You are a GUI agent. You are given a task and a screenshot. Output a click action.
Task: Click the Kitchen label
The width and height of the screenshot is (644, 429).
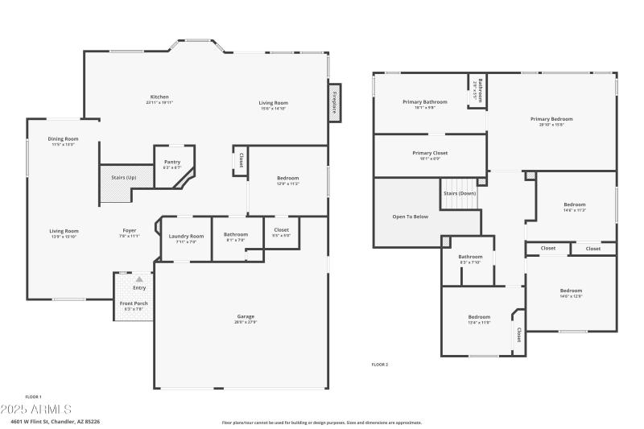point(159,97)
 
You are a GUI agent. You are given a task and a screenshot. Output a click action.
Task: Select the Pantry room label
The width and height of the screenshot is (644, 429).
point(171,162)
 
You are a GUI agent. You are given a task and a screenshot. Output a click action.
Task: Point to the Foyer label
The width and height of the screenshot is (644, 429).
point(130,230)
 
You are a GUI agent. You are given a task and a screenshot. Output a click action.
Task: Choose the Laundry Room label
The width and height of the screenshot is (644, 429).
point(186,236)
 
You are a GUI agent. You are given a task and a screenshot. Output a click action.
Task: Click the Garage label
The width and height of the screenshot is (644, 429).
point(246,316)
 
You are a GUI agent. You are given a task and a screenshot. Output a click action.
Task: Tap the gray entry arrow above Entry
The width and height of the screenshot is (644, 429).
point(138,278)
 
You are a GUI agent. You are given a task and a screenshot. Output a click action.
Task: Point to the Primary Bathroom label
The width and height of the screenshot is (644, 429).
point(424,102)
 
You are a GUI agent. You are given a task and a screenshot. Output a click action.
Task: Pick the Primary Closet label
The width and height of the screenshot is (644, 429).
point(430,153)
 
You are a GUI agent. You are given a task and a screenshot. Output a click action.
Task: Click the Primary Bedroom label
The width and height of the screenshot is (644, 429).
point(551,119)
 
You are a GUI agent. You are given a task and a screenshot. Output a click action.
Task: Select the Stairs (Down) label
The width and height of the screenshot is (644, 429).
point(460,194)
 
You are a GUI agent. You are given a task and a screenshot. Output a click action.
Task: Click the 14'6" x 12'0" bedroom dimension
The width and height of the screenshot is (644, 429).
point(571,296)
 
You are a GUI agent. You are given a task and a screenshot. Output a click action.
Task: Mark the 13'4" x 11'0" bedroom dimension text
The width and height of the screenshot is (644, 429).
point(479,323)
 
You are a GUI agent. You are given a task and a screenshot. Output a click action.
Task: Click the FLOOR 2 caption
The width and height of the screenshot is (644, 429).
point(379,365)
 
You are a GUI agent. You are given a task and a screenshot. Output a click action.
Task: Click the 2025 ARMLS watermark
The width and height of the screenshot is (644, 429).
point(36,410)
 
